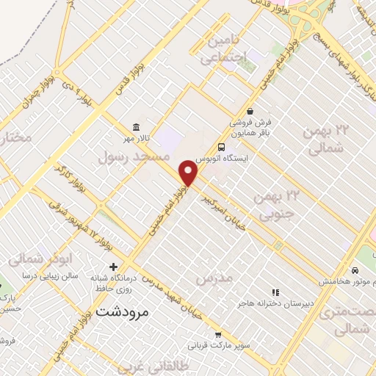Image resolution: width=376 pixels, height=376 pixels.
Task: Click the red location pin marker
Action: (189, 173)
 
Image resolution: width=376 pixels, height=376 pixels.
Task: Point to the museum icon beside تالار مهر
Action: (136, 126)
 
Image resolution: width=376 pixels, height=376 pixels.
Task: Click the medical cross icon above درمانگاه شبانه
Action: (113, 266)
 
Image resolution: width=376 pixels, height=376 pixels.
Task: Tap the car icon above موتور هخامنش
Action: (356, 270)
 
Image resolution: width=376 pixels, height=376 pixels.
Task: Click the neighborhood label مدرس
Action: (214, 278)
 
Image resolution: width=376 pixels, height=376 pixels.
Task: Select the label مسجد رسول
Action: (134, 156)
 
